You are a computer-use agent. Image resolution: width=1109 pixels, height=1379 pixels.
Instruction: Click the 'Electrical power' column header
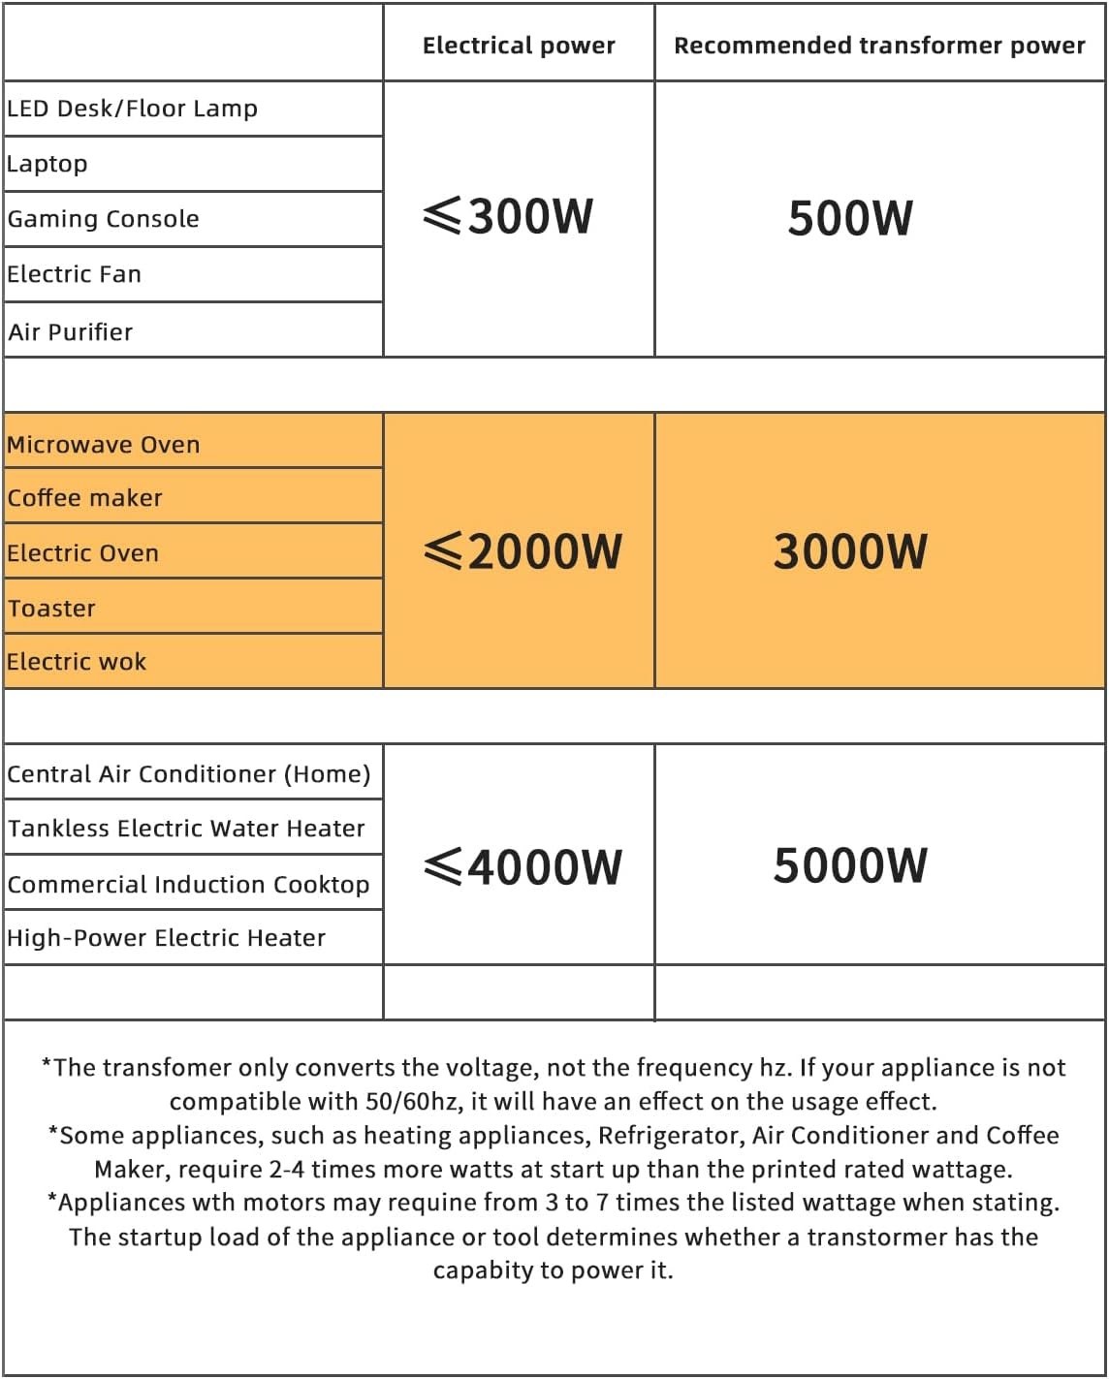(x=519, y=46)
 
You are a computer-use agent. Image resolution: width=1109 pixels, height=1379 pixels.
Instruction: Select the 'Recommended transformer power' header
(x=879, y=46)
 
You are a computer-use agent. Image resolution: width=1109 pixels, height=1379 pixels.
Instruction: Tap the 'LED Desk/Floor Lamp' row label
(x=133, y=109)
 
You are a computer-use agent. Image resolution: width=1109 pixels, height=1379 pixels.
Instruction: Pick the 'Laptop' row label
(x=48, y=164)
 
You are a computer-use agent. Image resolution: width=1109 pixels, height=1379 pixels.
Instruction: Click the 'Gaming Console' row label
(x=104, y=219)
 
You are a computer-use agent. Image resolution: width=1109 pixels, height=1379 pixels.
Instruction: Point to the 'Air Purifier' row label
(x=71, y=332)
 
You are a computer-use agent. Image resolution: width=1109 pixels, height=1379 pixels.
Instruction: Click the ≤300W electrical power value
(x=508, y=216)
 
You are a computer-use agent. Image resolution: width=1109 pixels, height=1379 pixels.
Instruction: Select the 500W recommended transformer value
(x=850, y=218)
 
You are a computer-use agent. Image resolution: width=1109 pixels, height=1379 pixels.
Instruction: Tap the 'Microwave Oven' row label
(x=104, y=445)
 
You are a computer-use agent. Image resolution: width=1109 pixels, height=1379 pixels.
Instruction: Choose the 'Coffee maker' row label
(x=85, y=498)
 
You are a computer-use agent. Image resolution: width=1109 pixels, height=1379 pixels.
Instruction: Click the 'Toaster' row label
(x=52, y=609)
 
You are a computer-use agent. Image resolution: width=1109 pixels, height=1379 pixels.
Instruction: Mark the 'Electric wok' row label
(x=77, y=662)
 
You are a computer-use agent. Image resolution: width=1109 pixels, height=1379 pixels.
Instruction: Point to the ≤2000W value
(x=523, y=551)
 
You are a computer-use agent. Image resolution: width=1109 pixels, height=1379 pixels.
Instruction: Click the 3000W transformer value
(x=850, y=551)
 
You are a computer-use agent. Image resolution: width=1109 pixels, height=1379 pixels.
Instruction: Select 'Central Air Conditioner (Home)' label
(x=189, y=774)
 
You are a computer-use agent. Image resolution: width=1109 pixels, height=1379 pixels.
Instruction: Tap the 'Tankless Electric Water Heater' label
(x=186, y=829)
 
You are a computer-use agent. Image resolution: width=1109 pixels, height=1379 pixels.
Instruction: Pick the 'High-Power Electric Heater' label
(x=167, y=938)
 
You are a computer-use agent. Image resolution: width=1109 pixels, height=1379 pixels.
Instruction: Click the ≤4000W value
(x=523, y=866)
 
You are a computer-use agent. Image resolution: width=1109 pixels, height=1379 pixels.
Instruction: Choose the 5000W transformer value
(x=850, y=865)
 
